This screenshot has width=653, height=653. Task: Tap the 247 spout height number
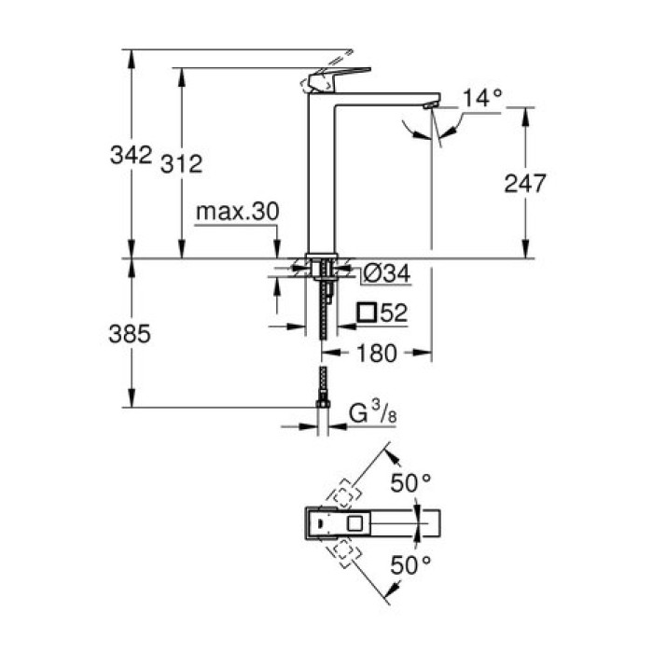point(525,183)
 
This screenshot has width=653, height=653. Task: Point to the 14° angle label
point(482,97)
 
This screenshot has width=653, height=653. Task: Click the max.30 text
point(237,213)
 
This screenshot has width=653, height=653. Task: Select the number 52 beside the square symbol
point(396,313)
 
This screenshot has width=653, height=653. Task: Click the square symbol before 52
point(368,313)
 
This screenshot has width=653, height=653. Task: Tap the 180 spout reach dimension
point(378,354)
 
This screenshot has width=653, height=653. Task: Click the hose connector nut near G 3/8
point(323,402)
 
